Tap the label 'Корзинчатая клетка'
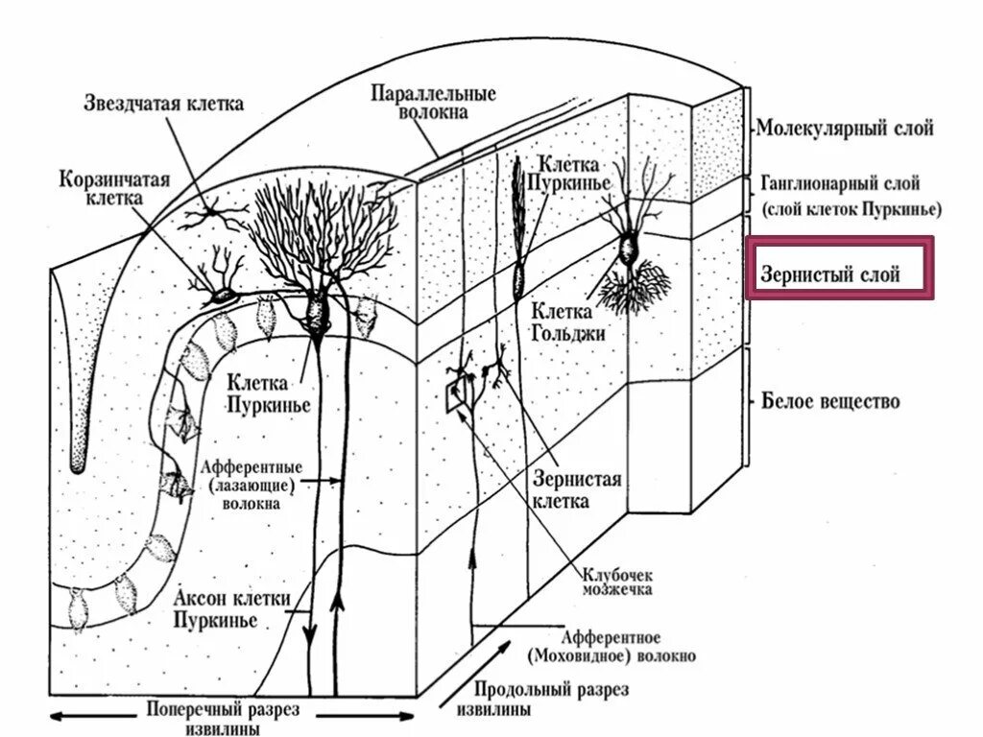pos(101,188)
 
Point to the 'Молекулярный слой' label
pos(844,128)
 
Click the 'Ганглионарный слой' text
pos(841,182)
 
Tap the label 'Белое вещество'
pos(830,401)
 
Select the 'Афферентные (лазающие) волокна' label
pos(252,484)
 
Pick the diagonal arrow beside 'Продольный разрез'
pos(498,663)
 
